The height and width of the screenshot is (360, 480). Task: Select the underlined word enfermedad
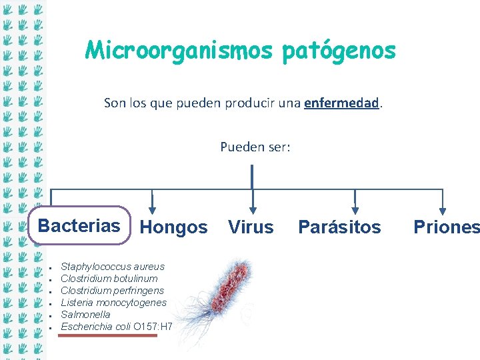pyautogui.click(x=341, y=103)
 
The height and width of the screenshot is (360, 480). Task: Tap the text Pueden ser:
pyautogui.click(x=255, y=147)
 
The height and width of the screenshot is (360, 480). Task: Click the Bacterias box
pyautogui.click(x=79, y=225)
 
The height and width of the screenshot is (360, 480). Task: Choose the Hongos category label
pyautogui.click(x=174, y=227)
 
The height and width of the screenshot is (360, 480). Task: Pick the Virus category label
pyautogui.click(x=251, y=227)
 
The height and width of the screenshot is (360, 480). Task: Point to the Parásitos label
pyautogui.click(x=339, y=227)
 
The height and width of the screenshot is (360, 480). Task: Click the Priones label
pyautogui.click(x=445, y=227)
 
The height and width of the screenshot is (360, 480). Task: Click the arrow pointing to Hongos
pyautogui.click(x=153, y=202)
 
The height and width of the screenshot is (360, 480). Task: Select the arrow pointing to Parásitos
pyautogui.click(x=355, y=202)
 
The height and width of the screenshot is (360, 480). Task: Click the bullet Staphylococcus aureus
pyautogui.click(x=112, y=267)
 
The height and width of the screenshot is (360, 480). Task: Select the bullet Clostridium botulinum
pyautogui.click(x=109, y=279)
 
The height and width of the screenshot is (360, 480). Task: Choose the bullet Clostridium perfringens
pyautogui.click(x=112, y=291)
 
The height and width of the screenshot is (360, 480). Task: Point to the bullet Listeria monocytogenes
pyautogui.click(x=113, y=303)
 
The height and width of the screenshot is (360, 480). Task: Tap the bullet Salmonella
pyautogui.click(x=85, y=315)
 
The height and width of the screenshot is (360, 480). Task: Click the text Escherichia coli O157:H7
pyautogui.click(x=116, y=327)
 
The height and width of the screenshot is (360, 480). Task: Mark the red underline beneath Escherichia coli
pyautogui.click(x=108, y=335)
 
